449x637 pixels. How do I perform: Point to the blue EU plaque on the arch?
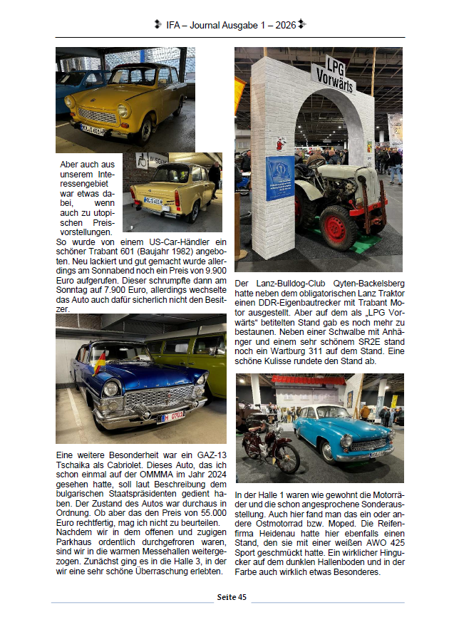279,176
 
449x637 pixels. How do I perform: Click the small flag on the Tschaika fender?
100,362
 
